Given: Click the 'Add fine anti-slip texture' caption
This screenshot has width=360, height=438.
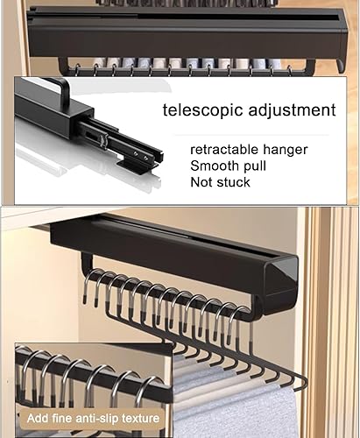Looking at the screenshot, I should [94, 418].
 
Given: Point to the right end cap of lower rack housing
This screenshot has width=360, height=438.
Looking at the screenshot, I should [280, 280].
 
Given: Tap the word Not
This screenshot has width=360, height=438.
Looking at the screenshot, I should [202, 182].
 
